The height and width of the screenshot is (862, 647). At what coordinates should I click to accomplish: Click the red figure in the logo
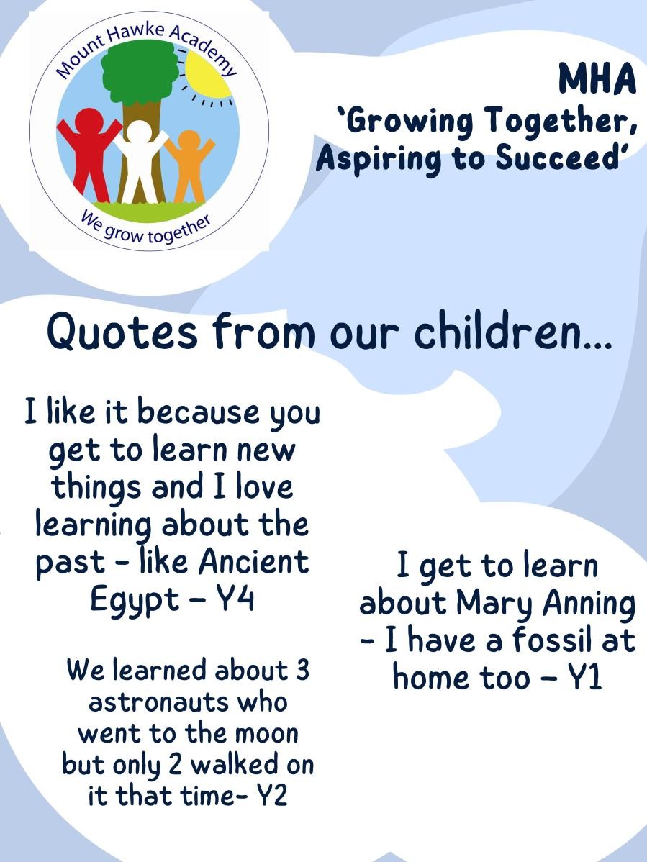(x=88, y=151)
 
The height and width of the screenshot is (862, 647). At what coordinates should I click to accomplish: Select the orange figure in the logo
(x=190, y=165)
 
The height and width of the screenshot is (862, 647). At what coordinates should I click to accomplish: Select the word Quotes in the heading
(x=122, y=332)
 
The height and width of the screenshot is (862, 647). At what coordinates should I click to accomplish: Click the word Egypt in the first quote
(x=135, y=600)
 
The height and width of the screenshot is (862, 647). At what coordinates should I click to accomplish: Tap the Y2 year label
(x=271, y=795)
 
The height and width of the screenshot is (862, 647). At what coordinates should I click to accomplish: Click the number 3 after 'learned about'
(x=302, y=670)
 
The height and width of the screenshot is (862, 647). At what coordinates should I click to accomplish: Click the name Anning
(x=589, y=604)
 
